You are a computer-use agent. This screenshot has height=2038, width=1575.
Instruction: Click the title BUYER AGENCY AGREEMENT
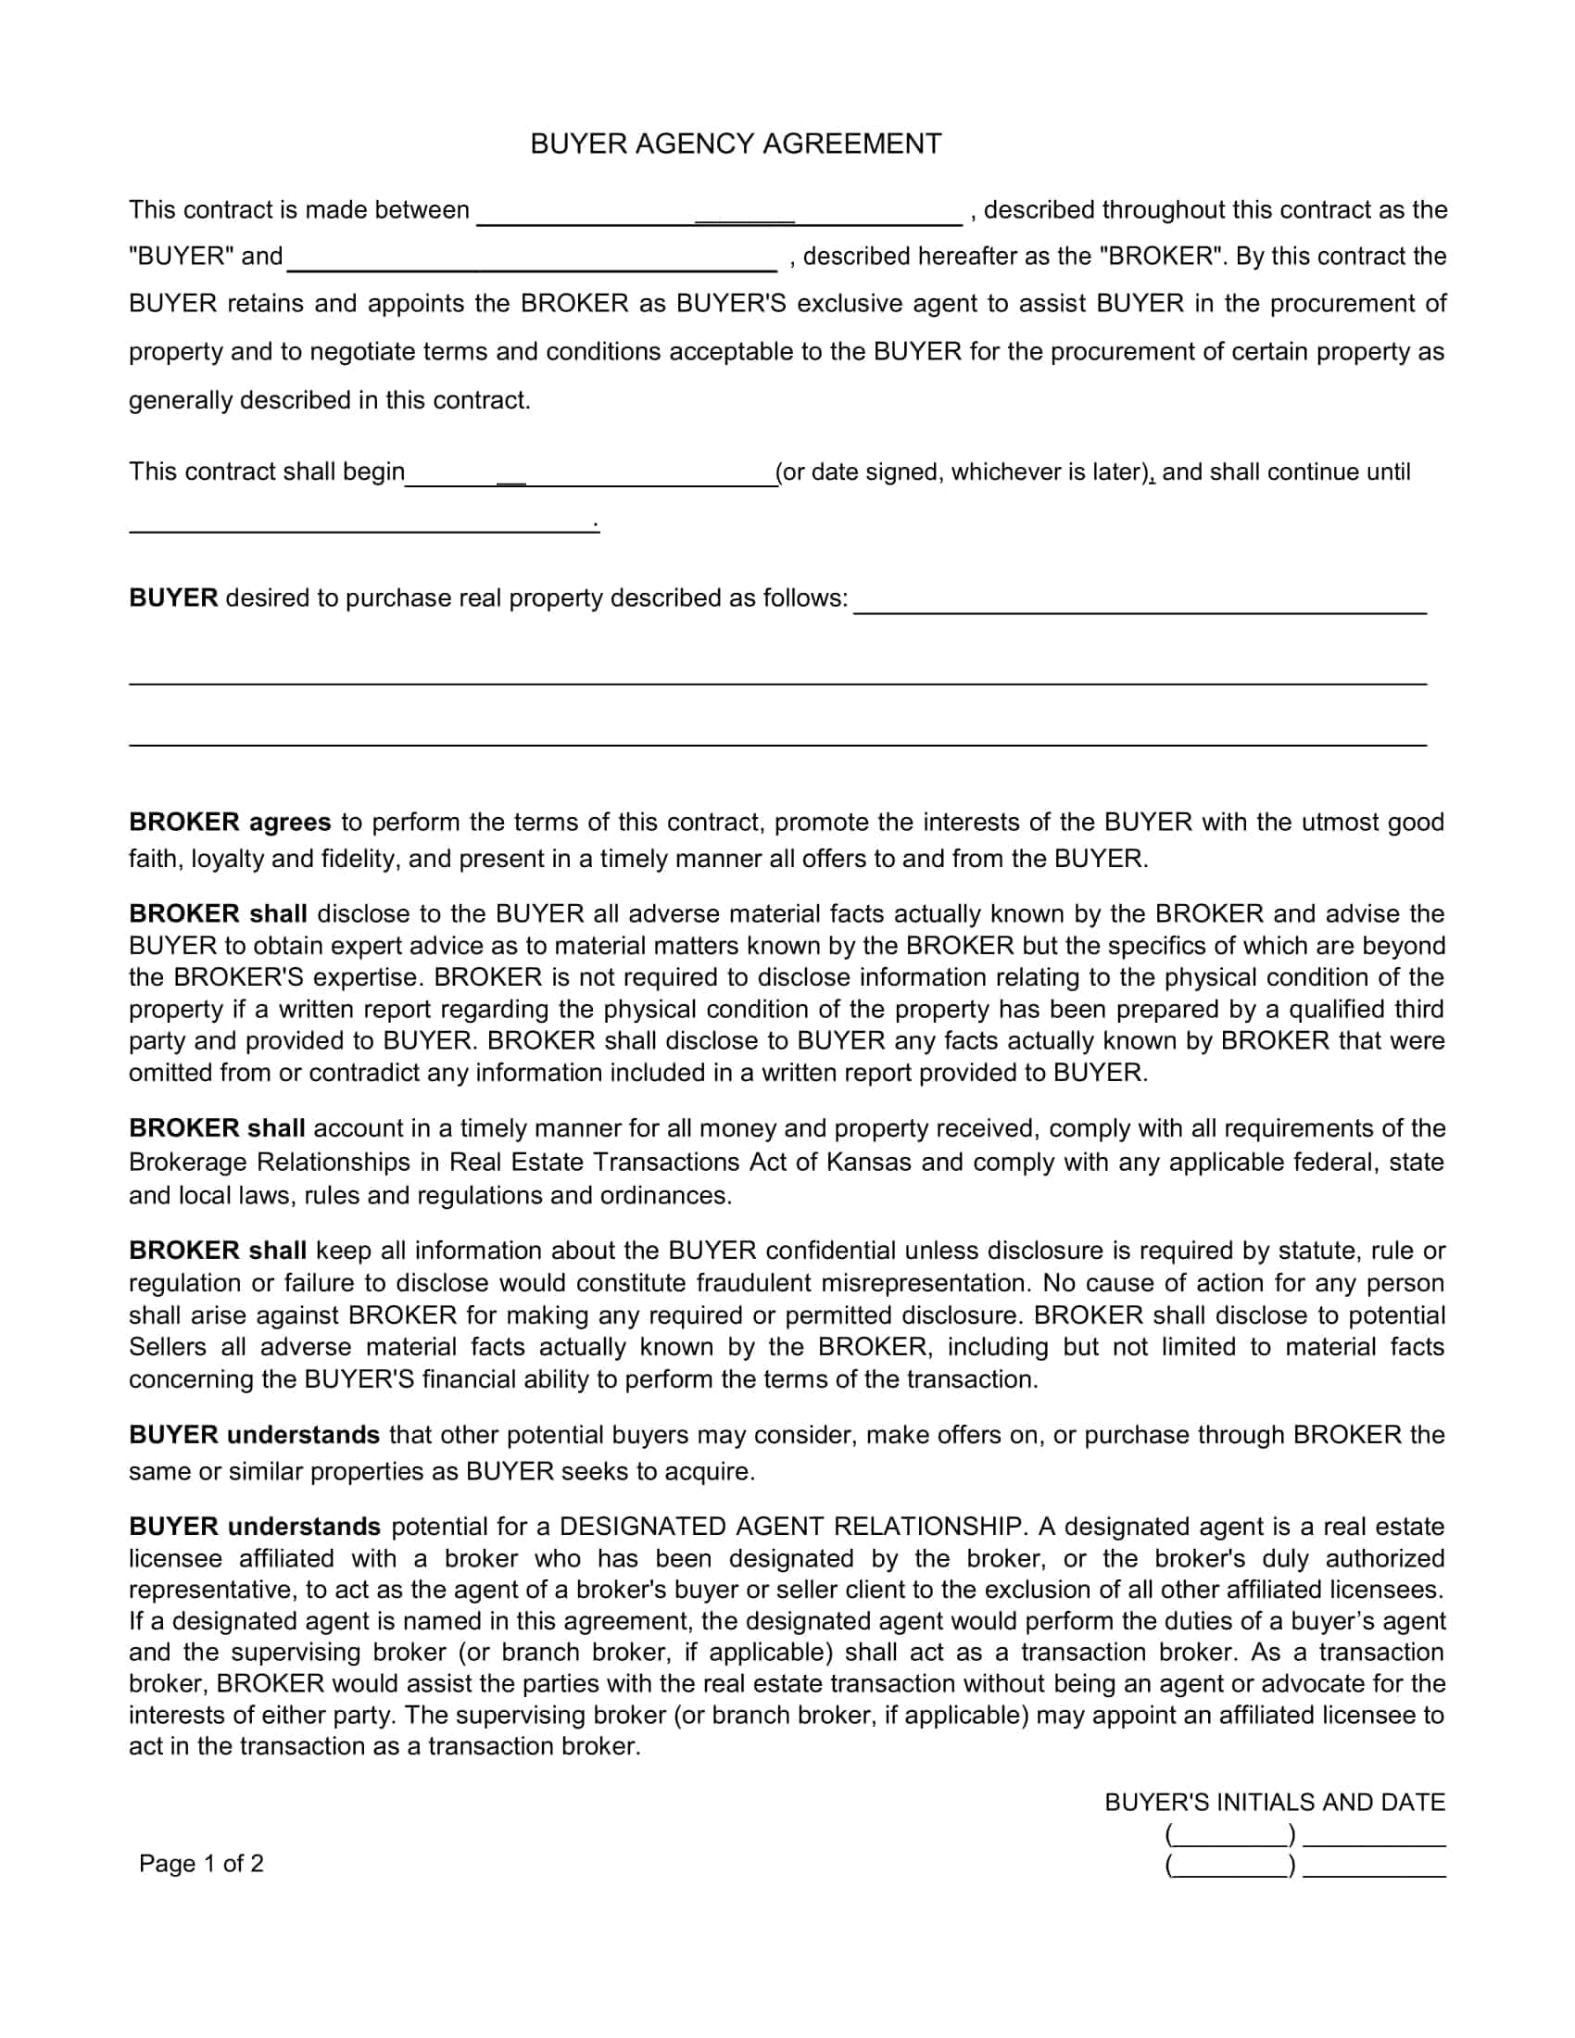coord(736,144)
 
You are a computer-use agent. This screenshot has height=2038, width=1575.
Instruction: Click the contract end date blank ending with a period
coord(362,524)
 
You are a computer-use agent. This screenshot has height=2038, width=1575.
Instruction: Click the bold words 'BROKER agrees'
coord(230,822)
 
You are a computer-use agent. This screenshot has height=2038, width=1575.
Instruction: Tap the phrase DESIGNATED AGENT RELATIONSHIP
coord(790,1527)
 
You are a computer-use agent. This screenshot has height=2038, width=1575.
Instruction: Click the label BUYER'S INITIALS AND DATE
coord(1275,1802)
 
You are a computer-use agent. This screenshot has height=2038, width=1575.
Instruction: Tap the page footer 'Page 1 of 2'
coord(202,1864)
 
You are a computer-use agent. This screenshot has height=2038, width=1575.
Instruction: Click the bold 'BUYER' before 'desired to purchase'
coord(172,598)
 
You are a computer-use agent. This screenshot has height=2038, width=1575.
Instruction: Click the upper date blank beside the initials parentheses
coord(1373,1839)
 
